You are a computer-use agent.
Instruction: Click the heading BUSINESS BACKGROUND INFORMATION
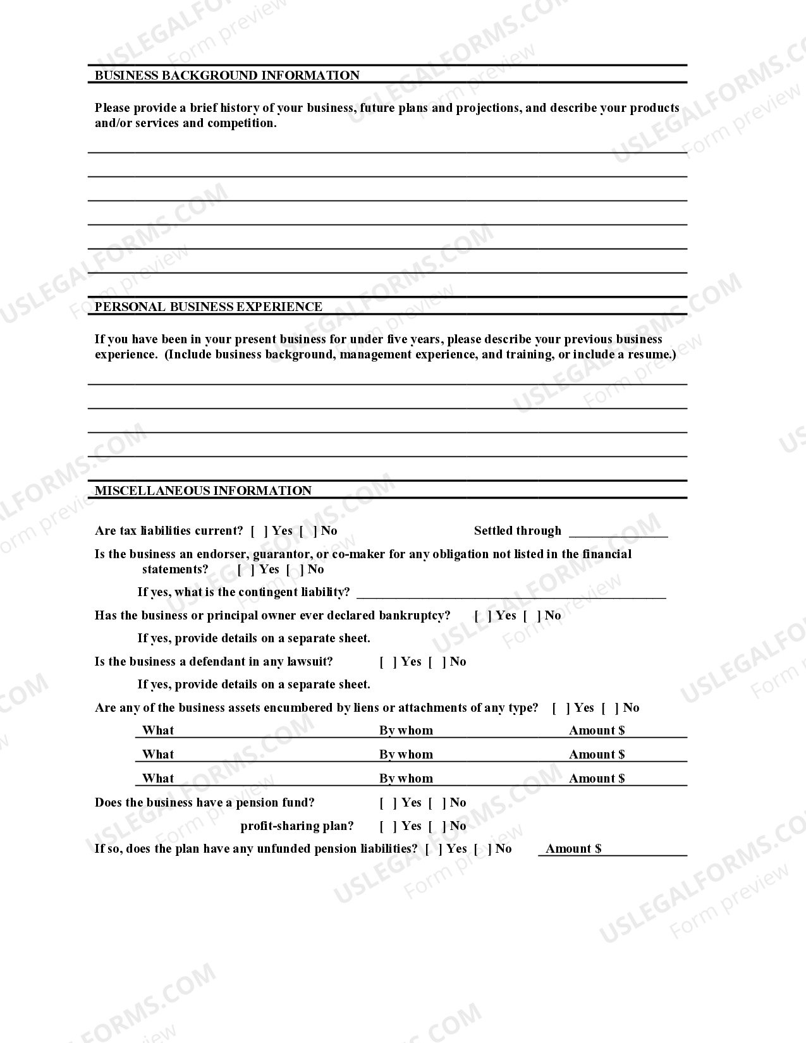[x=227, y=75]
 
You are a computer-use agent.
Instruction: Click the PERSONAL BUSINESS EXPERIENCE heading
[x=209, y=307]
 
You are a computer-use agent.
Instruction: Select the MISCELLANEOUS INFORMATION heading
[x=203, y=491]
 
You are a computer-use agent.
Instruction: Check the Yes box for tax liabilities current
[x=259, y=531]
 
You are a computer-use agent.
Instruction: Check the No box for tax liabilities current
[x=308, y=531]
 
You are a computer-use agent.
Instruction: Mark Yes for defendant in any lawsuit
[x=388, y=662]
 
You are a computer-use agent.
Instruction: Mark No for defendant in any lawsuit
[x=437, y=662]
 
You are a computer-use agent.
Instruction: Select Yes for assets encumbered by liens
[x=561, y=708]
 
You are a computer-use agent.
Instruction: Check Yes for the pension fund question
[x=388, y=803]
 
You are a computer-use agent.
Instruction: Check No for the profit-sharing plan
[x=437, y=826]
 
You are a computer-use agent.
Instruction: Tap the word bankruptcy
[x=414, y=616]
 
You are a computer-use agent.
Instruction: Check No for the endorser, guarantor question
[x=295, y=570]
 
